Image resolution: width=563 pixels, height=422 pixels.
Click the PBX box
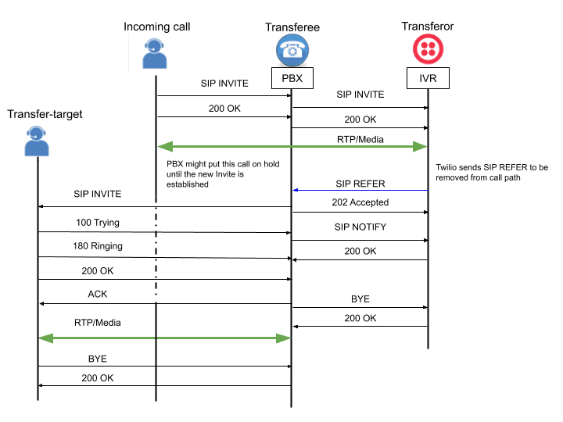tap(292, 79)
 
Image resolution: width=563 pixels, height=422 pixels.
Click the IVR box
tap(428, 79)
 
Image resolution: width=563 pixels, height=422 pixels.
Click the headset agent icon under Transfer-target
tap(37, 141)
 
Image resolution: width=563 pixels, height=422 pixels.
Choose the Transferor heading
tap(428, 27)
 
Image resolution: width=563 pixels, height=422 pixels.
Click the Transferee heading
tap(292, 27)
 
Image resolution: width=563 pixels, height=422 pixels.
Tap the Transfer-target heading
tap(45, 114)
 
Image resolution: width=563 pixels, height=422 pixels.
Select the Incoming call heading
tap(156, 27)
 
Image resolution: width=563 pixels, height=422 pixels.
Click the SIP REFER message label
tap(360, 184)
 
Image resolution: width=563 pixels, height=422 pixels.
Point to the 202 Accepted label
tap(360, 202)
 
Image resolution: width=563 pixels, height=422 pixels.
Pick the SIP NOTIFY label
tap(360, 227)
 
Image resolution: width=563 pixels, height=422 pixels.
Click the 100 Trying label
tap(98, 223)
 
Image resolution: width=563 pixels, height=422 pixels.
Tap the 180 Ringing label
tap(98, 247)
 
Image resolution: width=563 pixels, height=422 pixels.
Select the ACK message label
tap(98, 294)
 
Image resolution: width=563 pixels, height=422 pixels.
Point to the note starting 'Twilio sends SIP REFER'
tap(493, 173)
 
